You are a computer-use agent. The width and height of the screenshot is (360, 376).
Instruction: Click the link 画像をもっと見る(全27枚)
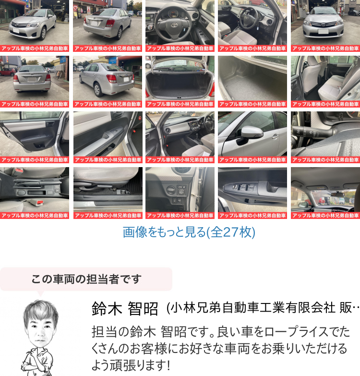[x=189, y=232]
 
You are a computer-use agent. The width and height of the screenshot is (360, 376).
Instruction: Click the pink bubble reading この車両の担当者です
[x=86, y=279]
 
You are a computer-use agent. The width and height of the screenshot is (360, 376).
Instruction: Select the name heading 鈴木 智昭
[x=125, y=308]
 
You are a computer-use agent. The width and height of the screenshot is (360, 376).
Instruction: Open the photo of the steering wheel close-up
[x=180, y=26]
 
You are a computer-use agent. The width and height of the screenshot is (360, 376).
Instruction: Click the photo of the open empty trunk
[x=180, y=82]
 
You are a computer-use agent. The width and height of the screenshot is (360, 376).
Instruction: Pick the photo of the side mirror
[x=252, y=137]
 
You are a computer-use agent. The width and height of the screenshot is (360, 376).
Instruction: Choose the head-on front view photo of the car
[x=325, y=26]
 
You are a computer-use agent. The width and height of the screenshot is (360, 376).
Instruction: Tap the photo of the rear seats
[x=325, y=82]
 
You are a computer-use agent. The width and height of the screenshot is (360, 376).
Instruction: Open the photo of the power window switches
[x=252, y=193]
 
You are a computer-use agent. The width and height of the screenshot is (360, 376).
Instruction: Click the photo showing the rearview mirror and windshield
[x=325, y=193]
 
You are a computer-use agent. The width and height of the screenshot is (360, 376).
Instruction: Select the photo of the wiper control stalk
[x=325, y=137]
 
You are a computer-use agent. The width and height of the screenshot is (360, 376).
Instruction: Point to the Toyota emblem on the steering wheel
[x=174, y=24]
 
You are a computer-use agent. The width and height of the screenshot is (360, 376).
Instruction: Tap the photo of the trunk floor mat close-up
[x=252, y=82]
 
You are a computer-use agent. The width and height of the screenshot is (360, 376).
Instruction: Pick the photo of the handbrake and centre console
[x=35, y=193]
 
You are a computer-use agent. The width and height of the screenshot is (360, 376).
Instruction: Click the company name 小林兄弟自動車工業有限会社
[x=253, y=308]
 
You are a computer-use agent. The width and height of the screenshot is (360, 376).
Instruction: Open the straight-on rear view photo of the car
[x=35, y=82]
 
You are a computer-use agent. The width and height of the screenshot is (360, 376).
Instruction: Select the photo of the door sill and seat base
[x=108, y=193]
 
